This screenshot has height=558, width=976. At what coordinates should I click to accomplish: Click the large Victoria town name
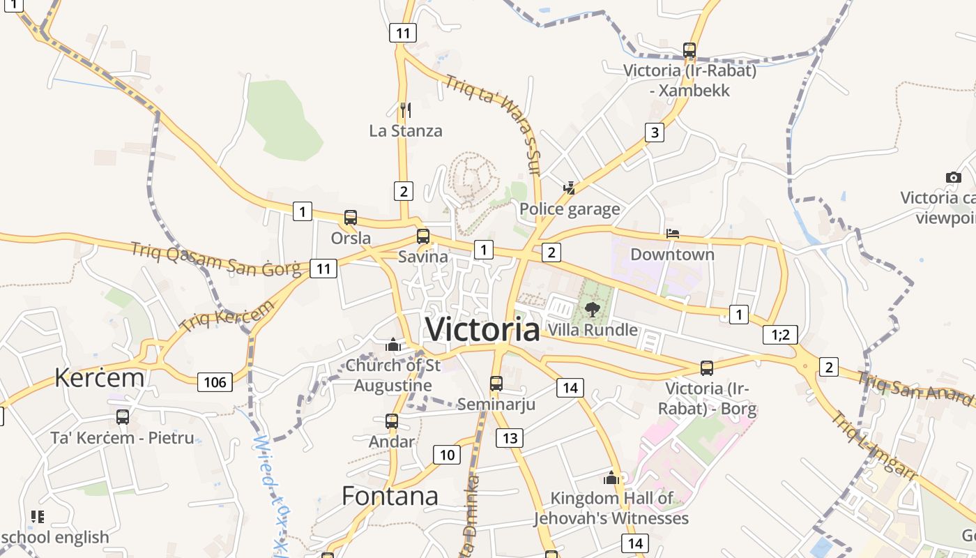(x=482, y=329)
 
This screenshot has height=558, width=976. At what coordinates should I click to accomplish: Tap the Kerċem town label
(x=100, y=377)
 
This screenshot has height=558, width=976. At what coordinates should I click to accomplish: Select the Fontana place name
(x=390, y=496)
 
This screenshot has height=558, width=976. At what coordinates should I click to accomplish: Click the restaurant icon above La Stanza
(x=406, y=110)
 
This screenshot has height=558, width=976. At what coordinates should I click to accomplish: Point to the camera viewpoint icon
(x=953, y=177)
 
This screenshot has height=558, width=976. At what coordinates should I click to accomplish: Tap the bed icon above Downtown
(x=673, y=233)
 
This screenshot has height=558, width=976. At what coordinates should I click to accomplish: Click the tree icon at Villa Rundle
(x=593, y=310)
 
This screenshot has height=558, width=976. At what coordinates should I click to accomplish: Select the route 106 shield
(x=215, y=382)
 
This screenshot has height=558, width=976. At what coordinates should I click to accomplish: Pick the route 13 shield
(x=510, y=438)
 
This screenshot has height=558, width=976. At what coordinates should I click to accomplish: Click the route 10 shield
(x=447, y=455)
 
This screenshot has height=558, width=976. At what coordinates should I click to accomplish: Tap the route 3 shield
(x=654, y=133)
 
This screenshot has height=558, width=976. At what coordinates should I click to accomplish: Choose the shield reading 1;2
(x=780, y=335)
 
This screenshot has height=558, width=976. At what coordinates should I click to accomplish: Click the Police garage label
(x=570, y=209)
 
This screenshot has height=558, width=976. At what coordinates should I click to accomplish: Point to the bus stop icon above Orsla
(x=351, y=218)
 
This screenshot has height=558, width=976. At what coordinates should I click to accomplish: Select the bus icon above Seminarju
(x=496, y=383)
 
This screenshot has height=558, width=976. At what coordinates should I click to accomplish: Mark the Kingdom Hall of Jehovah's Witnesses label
(x=611, y=508)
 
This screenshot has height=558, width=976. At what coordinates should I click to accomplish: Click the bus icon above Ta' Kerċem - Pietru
(x=123, y=417)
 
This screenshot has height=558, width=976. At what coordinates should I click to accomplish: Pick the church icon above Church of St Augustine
(x=393, y=345)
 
